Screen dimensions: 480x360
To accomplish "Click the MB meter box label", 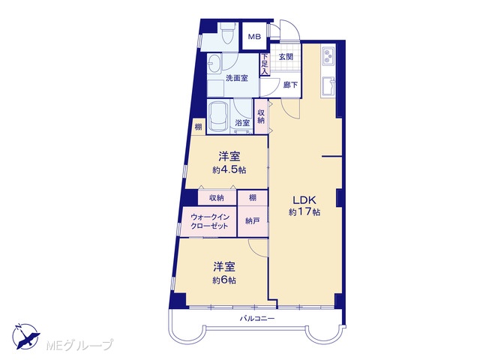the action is click(x=254, y=37).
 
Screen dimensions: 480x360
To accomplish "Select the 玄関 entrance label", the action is click(x=286, y=57).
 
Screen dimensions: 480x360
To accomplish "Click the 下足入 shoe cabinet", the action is click(x=265, y=64).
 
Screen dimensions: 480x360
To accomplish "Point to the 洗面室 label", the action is click(x=237, y=78).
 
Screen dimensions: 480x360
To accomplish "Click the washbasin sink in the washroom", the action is click(x=214, y=64).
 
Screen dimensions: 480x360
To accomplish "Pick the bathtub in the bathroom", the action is click(x=217, y=117).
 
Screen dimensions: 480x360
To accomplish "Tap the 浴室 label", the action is click(x=242, y=123).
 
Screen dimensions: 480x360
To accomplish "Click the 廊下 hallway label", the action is click(x=290, y=85).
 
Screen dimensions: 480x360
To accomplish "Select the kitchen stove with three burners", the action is click(x=328, y=55).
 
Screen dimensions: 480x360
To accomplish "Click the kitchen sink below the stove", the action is click(x=328, y=87).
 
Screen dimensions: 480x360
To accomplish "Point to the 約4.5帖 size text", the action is click(x=229, y=170).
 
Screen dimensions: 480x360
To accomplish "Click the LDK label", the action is click(x=304, y=200).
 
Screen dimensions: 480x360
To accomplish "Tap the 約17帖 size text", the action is click(x=304, y=211).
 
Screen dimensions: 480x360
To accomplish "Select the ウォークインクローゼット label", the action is click(x=209, y=222).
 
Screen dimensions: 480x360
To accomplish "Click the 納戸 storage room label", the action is click(x=253, y=220).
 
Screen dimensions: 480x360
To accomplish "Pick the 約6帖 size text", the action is click(x=224, y=280).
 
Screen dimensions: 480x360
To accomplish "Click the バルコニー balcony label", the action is click(x=257, y=319).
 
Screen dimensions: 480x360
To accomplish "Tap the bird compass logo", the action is click(x=26, y=337).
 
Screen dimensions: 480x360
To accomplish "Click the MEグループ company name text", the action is click(x=79, y=345).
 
